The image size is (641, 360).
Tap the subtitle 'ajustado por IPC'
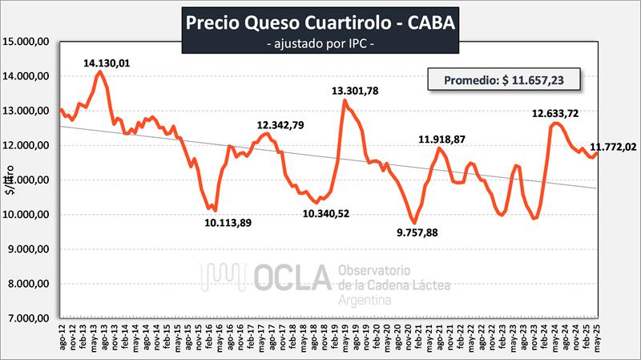(320, 42)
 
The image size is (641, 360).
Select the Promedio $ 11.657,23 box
(502, 80)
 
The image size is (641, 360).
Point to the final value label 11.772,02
(613, 146)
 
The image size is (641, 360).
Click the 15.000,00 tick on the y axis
(28, 42)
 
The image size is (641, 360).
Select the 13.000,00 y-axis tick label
(28, 111)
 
